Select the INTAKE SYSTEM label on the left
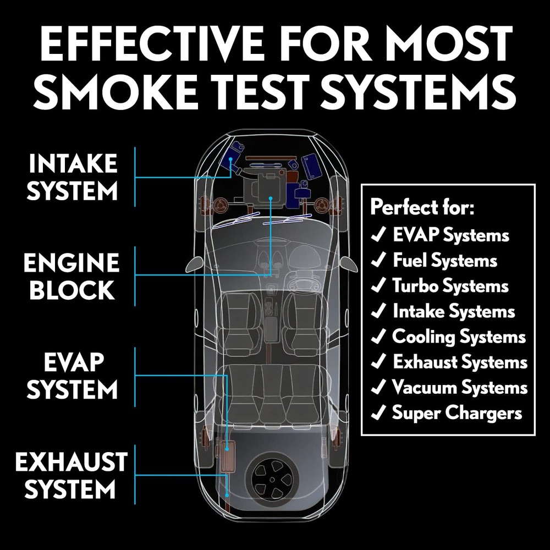click(73, 177)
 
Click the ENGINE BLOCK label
click(71, 277)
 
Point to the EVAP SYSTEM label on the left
click(73, 377)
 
